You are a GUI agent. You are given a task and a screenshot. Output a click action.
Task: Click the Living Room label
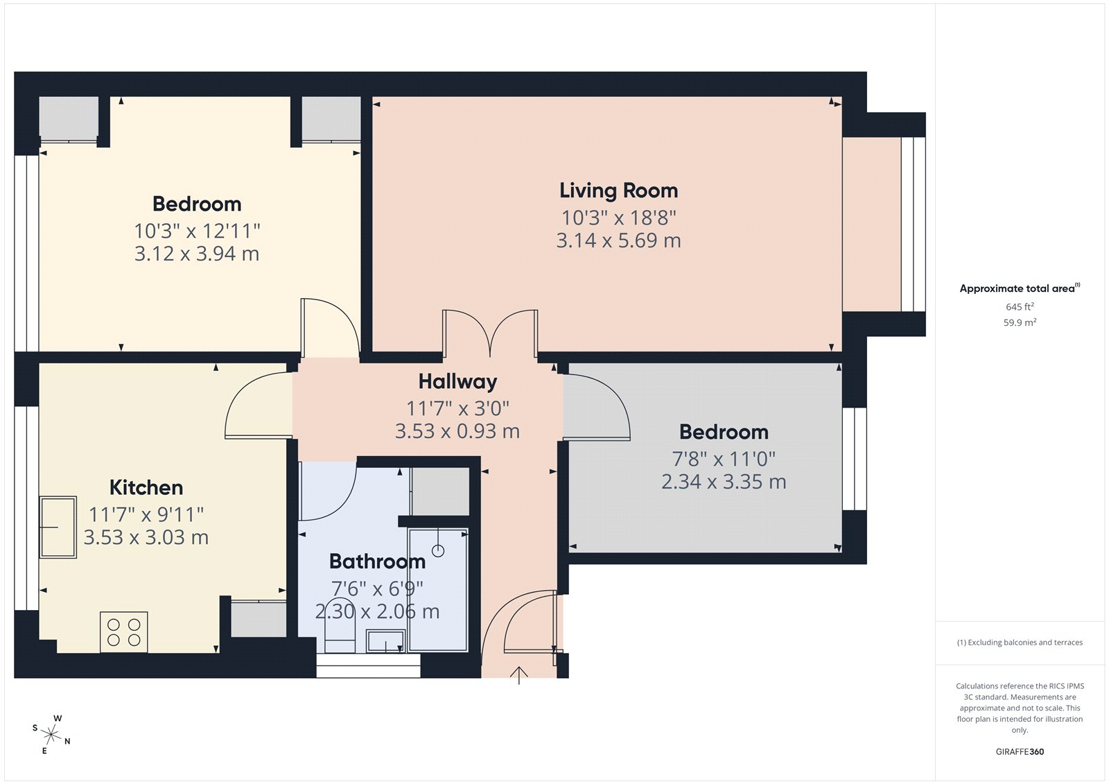[x=618, y=191]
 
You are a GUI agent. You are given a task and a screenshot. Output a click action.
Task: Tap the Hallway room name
[x=457, y=382]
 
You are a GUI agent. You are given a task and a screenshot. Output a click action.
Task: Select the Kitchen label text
[x=146, y=487]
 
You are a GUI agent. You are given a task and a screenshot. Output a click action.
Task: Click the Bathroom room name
[x=377, y=561]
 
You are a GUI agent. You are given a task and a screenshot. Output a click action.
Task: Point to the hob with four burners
[x=124, y=632]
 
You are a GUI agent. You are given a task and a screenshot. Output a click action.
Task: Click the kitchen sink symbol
[x=58, y=527]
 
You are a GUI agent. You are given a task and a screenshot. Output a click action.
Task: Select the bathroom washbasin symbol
[x=386, y=641]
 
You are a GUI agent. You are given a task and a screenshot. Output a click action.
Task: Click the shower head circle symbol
[x=438, y=551]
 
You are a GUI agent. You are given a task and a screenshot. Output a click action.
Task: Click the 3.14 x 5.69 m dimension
[x=618, y=241]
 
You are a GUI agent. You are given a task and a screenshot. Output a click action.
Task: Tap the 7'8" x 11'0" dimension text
[x=724, y=459]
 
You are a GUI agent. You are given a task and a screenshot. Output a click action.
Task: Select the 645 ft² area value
[x=1020, y=306]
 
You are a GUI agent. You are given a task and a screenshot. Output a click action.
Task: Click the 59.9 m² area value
[x=1020, y=322]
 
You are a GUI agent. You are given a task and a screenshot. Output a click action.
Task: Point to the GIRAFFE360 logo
[x=1020, y=751]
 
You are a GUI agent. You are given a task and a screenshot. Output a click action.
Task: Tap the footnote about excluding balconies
[x=1020, y=643]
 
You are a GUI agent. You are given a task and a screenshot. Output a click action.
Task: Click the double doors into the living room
[x=490, y=334]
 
